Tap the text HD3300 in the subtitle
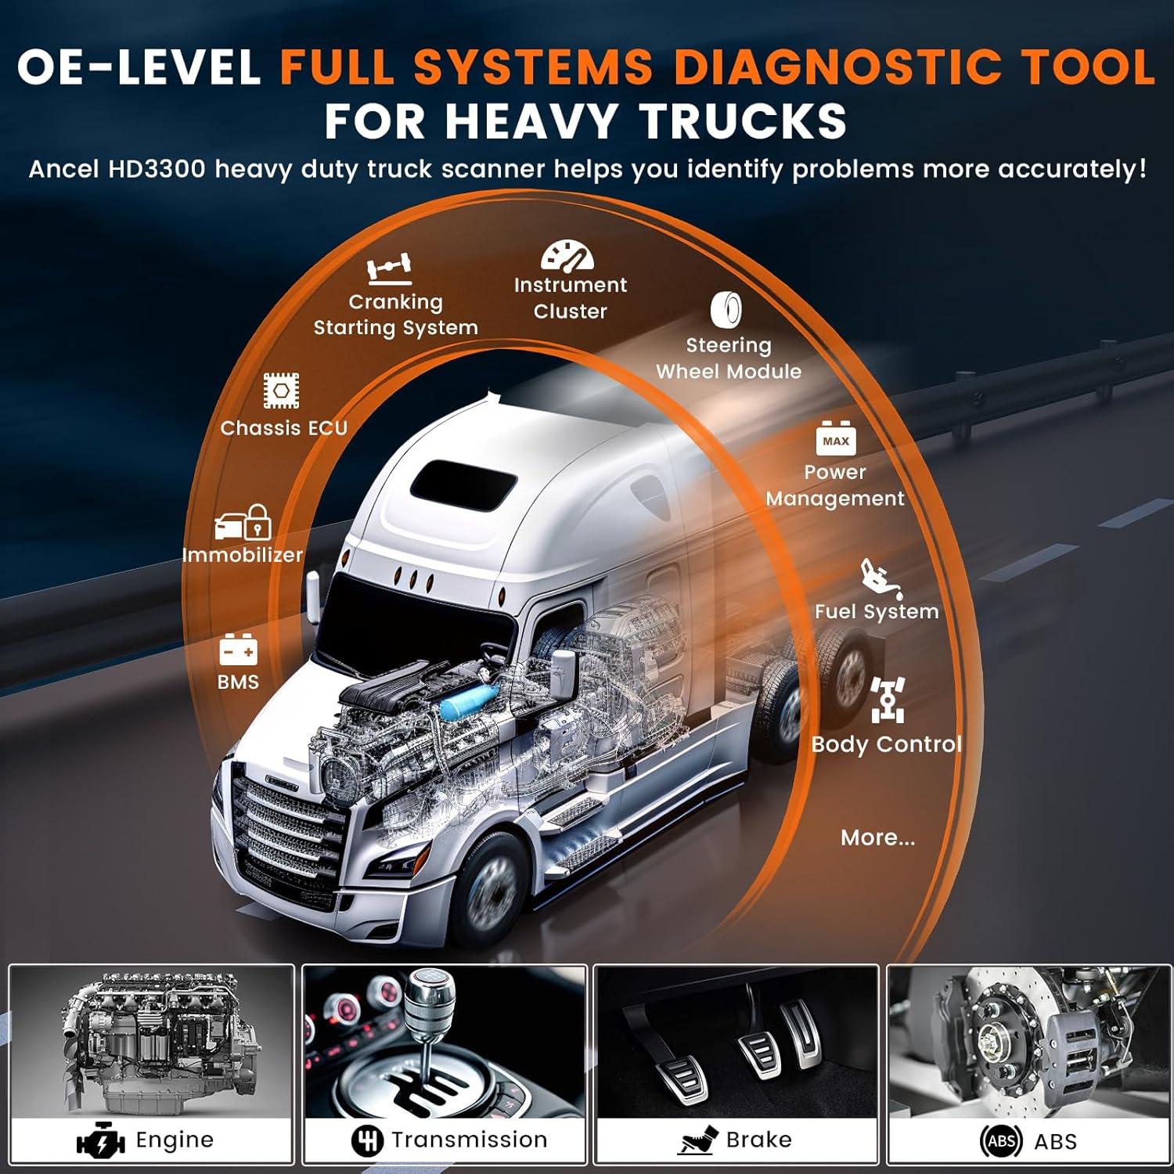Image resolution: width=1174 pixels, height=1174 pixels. (x=157, y=169)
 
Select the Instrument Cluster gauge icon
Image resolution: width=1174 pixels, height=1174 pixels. (x=567, y=254)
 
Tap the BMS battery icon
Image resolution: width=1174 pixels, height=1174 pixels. (x=238, y=650)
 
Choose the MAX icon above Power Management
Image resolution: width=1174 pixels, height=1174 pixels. (x=835, y=439)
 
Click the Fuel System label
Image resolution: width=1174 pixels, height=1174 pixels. (x=877, y=611)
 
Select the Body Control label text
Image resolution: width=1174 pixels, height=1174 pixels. (x=887, y=744)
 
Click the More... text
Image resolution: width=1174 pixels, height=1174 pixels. (x=877, y=838)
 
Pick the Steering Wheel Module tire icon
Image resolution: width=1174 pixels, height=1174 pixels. (x=726, y=310)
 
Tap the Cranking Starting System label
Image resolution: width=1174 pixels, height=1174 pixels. (x=396, y=315)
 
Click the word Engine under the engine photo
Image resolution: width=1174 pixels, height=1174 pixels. (x=175, y=1140)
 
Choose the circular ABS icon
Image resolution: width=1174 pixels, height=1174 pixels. (x=1002, y=1141)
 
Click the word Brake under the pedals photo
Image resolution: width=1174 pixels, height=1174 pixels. (x=758, y=1140)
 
